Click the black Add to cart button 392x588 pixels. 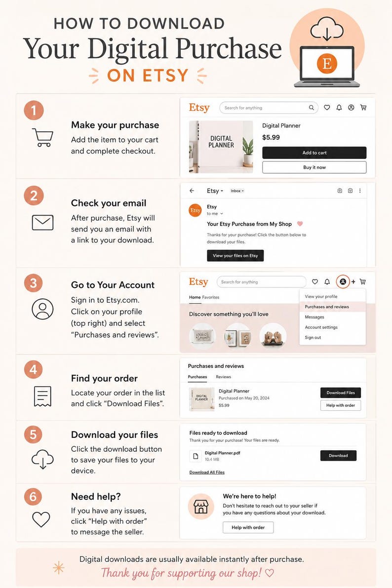pyautogui.click(x=314, y=153)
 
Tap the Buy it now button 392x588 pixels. pyautogui.click(x=314, y=167)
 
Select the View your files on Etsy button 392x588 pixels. pyautogui.click(x=235, y=256)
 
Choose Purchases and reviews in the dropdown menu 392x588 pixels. pyautogui.click(x=327, y=307)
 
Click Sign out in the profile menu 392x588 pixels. pyautogui.click(x=313, y=338)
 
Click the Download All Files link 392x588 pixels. pyautogui.click(x=207, y=472)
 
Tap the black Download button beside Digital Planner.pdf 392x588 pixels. pyautogui.click(x=338, y=456)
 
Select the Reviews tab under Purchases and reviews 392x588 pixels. pyautogui.click(x=223, y=377)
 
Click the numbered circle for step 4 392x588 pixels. pyautogui.click(x=34, y=370)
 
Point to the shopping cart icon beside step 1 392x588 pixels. pyautogui.click(x=42, y=138)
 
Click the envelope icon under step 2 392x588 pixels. pyautogui.click(x=42, y=222)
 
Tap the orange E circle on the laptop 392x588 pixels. pyautogui.click(x=327, y=63)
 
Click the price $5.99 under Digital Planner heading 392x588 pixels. pyautogui.click(x=271, y=137)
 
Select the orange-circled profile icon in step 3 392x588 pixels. pyautogui.click(x=343, y=281)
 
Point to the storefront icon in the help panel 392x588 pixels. pyautogui.click(x=200, y=507)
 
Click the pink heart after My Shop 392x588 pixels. pyautogui.click(x=300, y=224)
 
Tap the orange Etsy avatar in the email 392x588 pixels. pyautogui.click(x=195, y=210)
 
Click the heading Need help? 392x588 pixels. pyautogui.click(x=96, y=497)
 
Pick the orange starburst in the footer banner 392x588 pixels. pyautogui.click(x=59, y=568)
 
